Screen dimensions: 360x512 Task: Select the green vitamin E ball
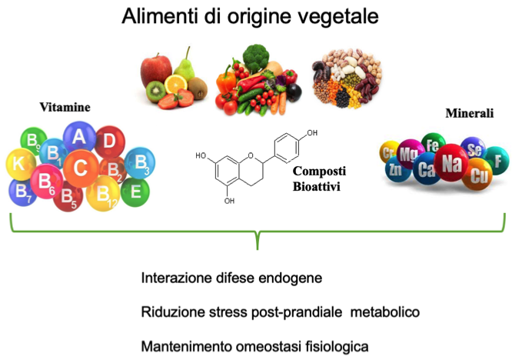(x=135, y=190)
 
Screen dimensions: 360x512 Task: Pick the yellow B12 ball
(x=104, y=193)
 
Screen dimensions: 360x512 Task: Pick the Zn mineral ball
(x=395, y=168)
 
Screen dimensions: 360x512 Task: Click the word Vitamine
(x=66, y=108)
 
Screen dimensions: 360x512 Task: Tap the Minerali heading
(x=469, y=114)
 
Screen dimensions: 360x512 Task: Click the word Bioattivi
(x=316, y=187)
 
